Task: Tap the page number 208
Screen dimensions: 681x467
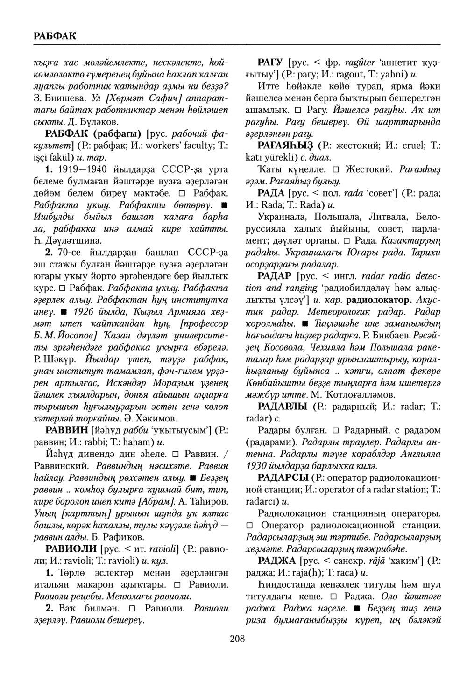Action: [x=237, y=639]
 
